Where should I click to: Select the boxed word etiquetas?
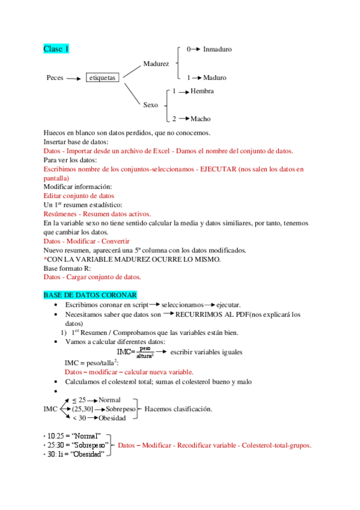tap(102, 78)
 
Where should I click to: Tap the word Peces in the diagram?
tap(55, 78)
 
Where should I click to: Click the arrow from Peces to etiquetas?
tap(73, 78)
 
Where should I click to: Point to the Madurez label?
tap(156, 63)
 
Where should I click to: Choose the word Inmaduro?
tap(217, 49)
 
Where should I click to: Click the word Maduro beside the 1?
tap(215, 78)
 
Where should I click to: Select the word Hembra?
tap(202, 91)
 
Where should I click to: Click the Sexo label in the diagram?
tap(151, 105)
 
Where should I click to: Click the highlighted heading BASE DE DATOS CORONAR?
tap(90, 295)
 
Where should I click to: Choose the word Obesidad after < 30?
tap(112, 417)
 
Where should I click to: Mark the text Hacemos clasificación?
tap(178, 409)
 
